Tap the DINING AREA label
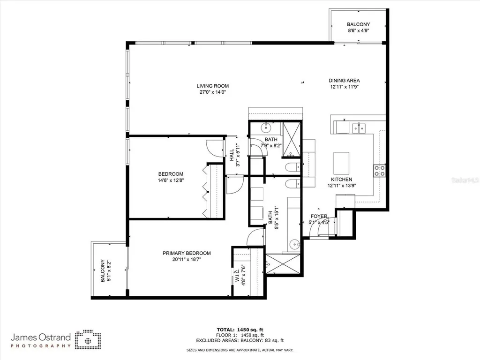coord(344,81)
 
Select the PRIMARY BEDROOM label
coord(187,253)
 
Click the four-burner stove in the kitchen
coord(379,171)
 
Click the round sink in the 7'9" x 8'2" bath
coord(266,127)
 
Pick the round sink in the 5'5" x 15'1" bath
coord(294,244)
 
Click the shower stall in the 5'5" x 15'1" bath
coord(283,263)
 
